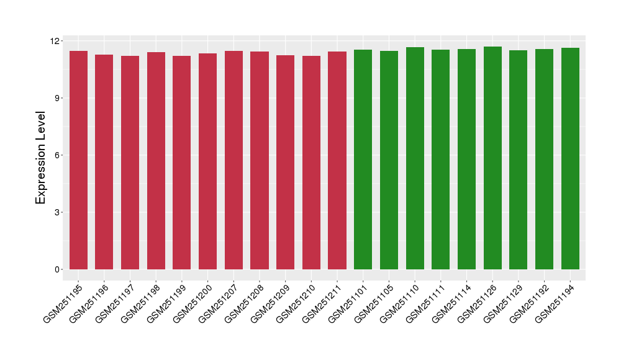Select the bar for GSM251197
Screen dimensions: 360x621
pos(130,163)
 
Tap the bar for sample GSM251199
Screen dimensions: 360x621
pos(182,163)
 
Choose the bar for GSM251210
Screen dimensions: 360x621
pos(311,163)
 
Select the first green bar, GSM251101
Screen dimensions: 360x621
pos(363,160)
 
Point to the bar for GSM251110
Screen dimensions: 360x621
pos(415,158)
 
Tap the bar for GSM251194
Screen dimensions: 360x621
pos(570,158)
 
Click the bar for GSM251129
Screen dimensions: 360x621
pos(519,160)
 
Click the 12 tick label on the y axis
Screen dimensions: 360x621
pos(55,41)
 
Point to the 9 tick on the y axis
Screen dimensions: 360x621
pos(57,98)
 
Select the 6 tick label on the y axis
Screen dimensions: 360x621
pos(57,155)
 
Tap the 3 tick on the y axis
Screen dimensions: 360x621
pos(57,212)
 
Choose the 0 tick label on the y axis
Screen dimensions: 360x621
pos(57,269)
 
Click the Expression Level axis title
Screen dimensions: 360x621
pos(40,158)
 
